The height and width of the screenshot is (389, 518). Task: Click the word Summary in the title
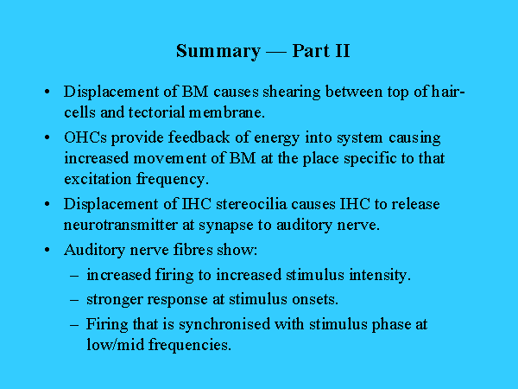click(218, 52)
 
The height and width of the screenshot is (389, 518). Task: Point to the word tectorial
click(156, 112)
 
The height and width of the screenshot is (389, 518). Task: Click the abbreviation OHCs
click(85, 137)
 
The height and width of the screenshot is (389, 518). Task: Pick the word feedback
click(199, 137)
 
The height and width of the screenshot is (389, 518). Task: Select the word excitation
click(98, 179)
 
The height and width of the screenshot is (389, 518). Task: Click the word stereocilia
click(251, 204)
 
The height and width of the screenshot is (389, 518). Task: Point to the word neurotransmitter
click(121, 226)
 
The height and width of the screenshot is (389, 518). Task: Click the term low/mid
click(116, 345)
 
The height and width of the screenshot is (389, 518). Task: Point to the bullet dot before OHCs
click(47, 137)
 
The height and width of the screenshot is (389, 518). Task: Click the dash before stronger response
click(74, 300)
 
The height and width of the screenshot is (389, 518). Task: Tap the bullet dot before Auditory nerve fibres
click(47, 250)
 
